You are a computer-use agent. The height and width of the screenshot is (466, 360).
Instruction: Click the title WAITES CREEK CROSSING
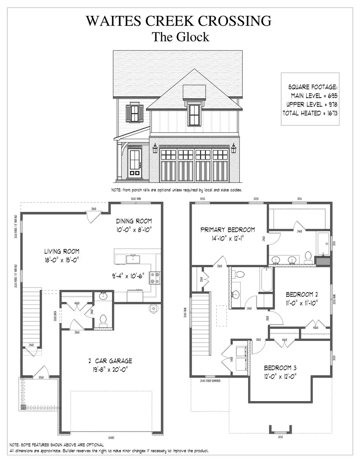click(180, 20)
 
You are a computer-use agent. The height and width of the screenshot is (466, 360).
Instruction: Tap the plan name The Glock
click(180, 37)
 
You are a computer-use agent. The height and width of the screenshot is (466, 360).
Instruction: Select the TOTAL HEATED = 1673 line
click(310, 113)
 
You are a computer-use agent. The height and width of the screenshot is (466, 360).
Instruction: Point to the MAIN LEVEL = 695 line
click(314, 96)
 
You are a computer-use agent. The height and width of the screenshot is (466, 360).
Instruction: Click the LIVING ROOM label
click(62, 251)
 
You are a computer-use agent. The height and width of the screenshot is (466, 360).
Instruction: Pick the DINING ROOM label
click(134, 221)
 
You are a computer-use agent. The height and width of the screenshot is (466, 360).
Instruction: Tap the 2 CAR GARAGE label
click(110, 360)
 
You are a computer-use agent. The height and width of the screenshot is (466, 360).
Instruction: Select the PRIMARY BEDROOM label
click(228, 230)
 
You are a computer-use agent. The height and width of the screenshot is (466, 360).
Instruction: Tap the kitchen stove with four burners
click(154, 276)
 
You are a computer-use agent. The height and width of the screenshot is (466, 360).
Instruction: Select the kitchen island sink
click(132, 259)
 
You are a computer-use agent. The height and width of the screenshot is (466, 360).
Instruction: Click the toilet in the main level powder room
click(103, 319)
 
